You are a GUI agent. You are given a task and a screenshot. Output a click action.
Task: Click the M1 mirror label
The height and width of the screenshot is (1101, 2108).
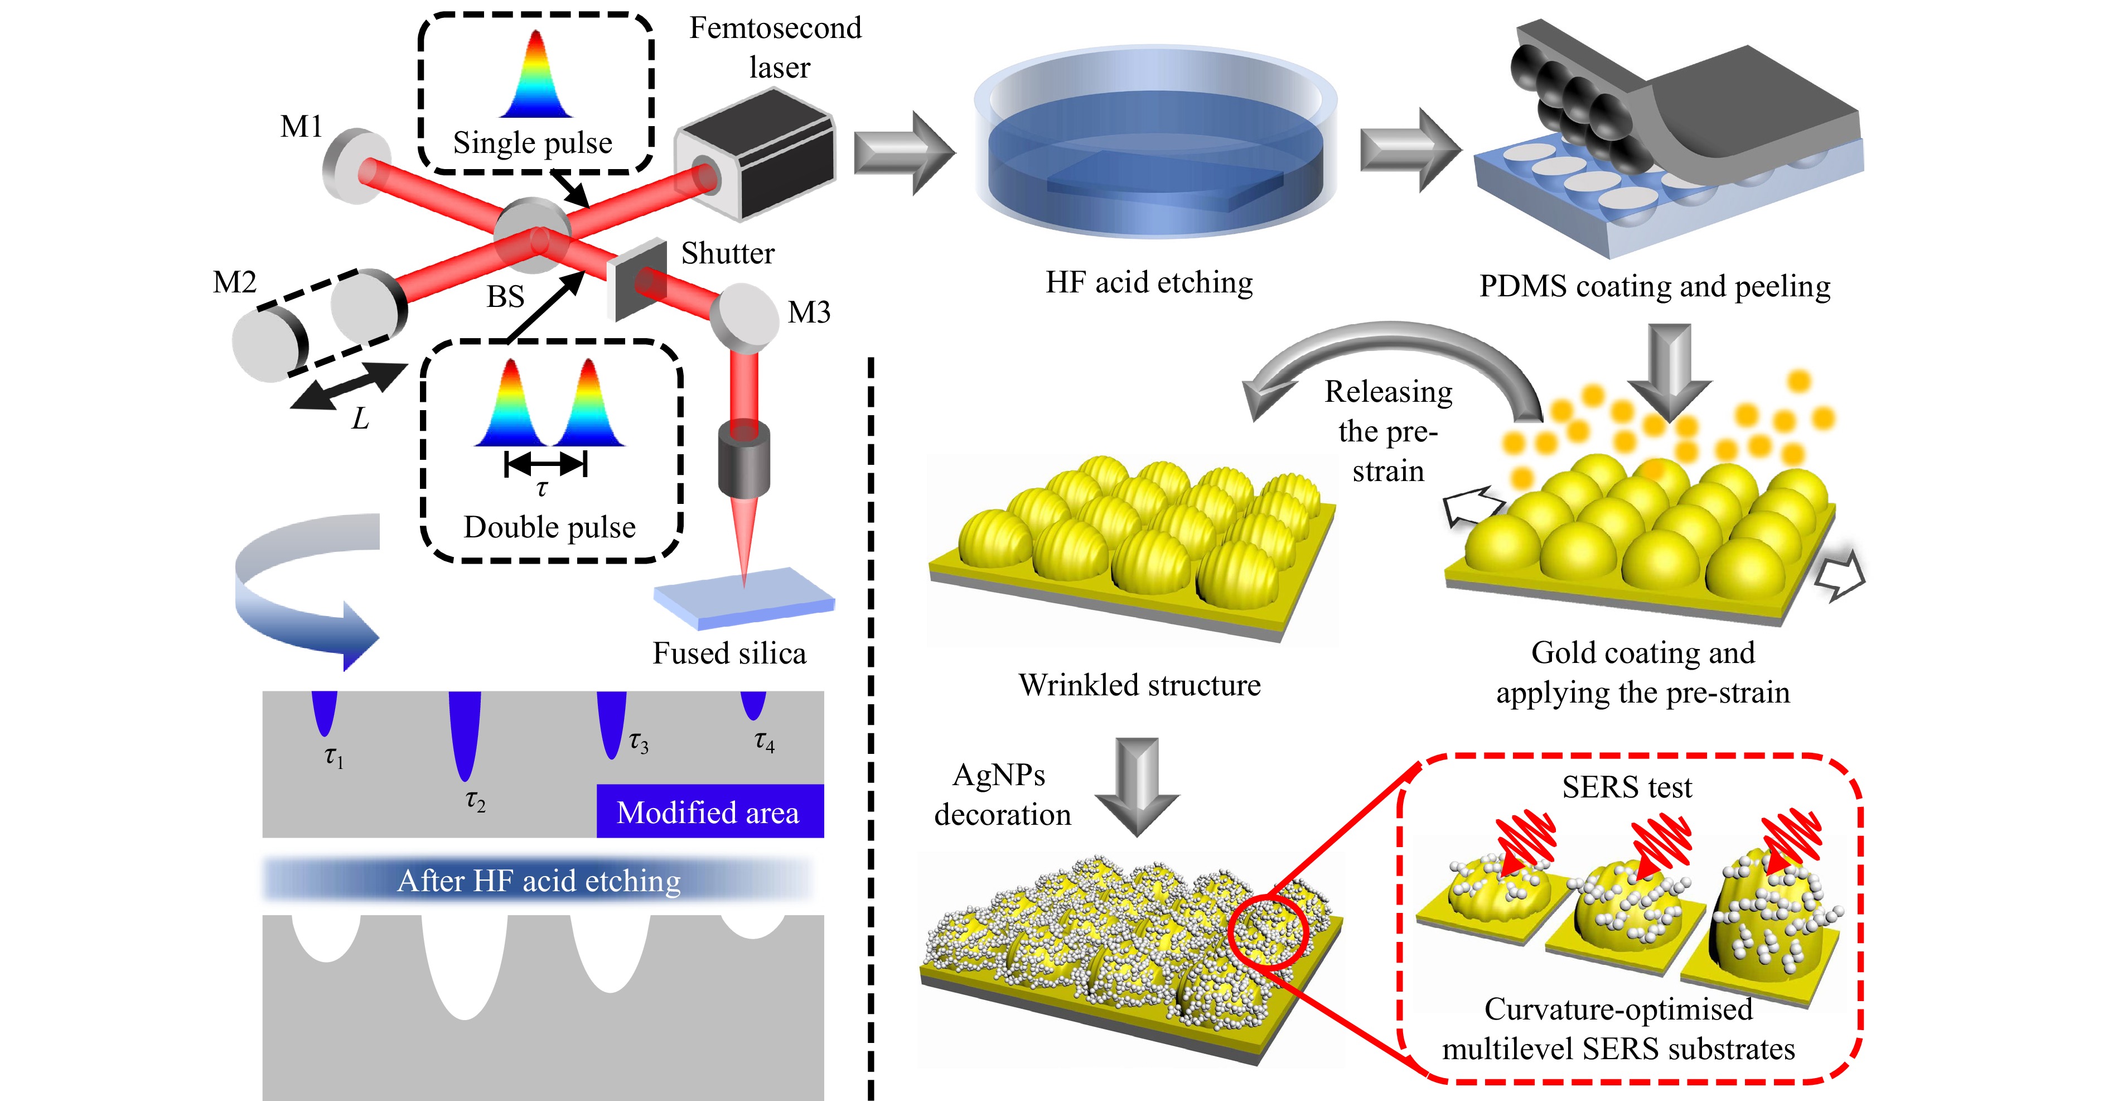click(x=301, y=127)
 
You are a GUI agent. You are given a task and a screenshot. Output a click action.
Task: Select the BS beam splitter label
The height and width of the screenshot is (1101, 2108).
click(x=505, y=296)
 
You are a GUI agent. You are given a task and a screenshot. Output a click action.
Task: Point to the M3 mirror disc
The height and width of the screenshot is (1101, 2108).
click(x=743, y=315)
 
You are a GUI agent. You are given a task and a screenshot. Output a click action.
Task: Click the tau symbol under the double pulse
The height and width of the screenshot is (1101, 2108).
click(x=541, y=489)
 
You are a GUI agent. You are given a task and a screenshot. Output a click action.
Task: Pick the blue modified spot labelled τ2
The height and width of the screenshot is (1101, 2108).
click(x=465, y=733)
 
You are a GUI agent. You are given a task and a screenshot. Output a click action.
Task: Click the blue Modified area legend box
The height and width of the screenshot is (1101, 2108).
click(x=709, y=811)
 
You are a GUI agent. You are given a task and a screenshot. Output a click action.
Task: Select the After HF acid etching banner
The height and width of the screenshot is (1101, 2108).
click(x=539, y=880)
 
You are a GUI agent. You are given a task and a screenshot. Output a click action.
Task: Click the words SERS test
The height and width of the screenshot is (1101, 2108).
click(x=1626, y=787)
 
